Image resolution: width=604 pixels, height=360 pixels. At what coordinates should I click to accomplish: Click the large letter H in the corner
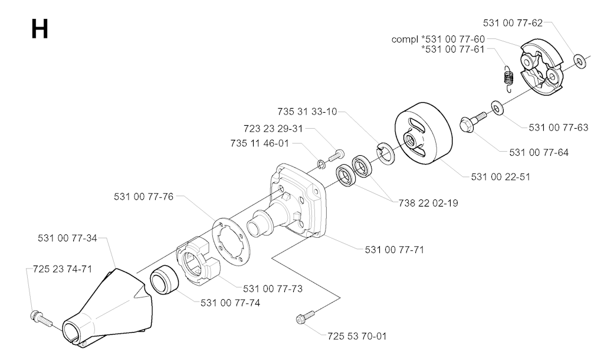point(40,30)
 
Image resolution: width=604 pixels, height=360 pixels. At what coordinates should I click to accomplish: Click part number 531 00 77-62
point(513,23)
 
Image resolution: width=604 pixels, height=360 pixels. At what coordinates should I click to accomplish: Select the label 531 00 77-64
point(539,152)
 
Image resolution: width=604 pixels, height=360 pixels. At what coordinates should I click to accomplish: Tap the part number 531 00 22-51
point(501,176)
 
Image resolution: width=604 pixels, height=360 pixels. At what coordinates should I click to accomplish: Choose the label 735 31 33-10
point(308,112)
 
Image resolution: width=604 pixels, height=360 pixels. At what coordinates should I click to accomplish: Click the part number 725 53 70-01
point(357,336)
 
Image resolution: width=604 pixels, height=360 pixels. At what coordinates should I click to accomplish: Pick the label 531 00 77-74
point(230,303)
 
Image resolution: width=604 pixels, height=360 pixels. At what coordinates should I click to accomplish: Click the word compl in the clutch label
point(405,40)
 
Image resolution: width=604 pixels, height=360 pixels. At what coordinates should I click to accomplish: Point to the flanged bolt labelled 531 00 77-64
point(471,123)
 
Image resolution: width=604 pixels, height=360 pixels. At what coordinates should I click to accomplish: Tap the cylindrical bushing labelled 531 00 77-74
point(166,280)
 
